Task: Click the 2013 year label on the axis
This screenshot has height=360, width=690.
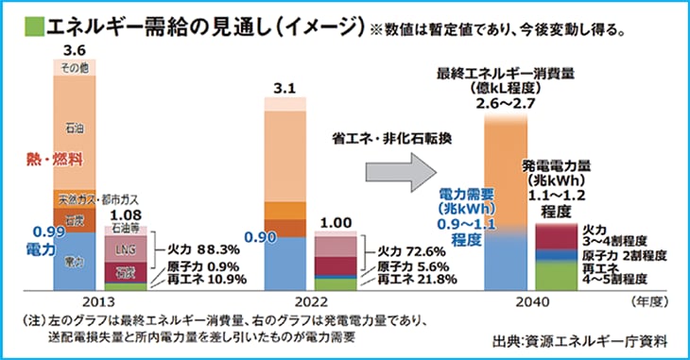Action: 76,301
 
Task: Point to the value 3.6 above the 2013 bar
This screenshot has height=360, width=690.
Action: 75,50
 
